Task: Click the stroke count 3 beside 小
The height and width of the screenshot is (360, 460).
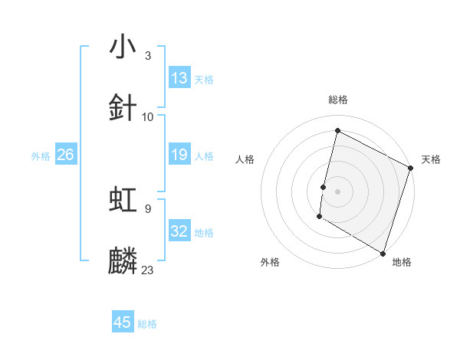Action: tap(147, 56)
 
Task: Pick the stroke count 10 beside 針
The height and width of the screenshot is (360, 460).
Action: tap(148, 116)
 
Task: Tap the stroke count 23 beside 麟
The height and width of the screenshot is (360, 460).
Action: tap(148, 270)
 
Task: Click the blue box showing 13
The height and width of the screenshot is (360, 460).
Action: tap(179, 78)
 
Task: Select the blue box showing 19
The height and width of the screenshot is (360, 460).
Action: tap(179, 155)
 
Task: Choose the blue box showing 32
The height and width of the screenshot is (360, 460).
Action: tap(179, 231)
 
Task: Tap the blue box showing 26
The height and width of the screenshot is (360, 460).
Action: tap(65, 155)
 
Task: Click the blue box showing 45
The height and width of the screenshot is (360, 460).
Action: tap(123, 322)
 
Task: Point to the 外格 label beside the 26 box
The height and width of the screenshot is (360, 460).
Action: tap(41, 156)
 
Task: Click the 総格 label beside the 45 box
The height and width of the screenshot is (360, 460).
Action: tap(147, 324)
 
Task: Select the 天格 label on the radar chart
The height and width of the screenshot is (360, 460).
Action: tap(431, 159)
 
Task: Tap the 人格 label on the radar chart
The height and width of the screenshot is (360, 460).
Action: tap(245, 159)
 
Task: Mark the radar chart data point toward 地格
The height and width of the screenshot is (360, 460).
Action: tap(383, 253)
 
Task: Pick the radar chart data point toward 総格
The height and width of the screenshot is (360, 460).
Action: tap(337, 130)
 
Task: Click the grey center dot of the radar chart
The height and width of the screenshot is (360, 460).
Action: tap(337, 191)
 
